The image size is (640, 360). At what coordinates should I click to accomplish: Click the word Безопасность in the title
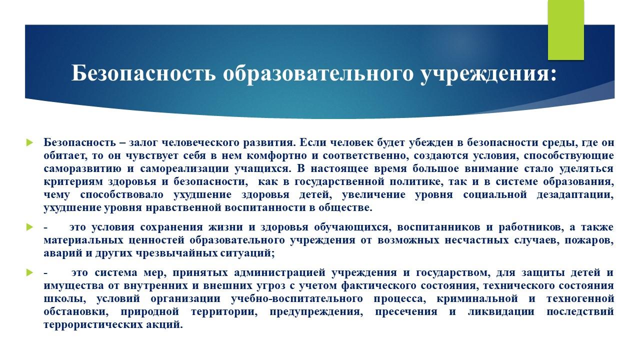click(x=143, y=73)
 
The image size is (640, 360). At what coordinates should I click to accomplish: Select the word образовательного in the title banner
click(x=318, y=73)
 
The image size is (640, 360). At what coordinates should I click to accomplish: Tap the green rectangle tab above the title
click(x=565, y=30)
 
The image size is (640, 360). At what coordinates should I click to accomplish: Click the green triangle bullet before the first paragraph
click(x=29, y=142)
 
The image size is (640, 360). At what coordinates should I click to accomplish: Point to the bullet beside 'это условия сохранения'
click(x=29, y=227)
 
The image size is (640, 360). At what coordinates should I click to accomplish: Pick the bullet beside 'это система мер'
click(x=29, y=272)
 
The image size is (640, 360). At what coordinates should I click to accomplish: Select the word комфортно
click(x=276, y=155)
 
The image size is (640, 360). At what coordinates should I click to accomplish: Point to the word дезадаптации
click(x=575, y=195)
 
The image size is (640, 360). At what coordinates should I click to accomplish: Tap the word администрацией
click(x=279, y=272)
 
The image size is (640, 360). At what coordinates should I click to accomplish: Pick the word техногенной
click(x=580, y=298)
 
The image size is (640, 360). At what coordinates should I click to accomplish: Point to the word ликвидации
click(x=501, y=311)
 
